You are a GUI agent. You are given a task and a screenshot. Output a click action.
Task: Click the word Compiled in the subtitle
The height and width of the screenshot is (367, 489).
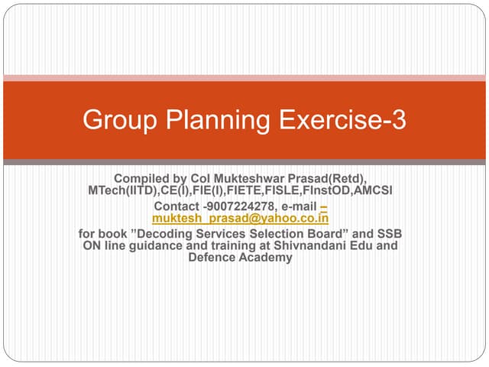141,178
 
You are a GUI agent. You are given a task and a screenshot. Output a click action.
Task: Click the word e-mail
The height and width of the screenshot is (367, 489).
299,206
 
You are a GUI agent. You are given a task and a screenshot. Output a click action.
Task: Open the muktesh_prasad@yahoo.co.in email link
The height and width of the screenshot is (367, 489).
241,218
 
